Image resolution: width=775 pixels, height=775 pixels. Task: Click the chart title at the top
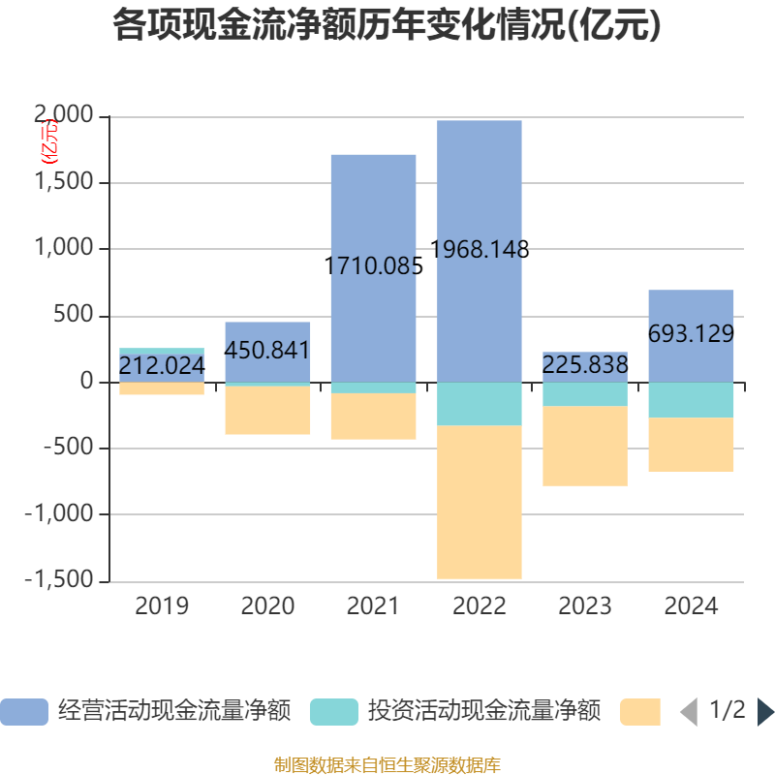point(387,25)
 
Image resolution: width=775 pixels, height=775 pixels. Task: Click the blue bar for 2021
point(373,213)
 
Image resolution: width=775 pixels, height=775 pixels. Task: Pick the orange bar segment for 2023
point(585,446)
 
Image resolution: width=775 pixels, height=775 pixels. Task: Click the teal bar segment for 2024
point(691,400)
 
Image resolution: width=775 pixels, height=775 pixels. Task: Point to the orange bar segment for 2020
point(267,411)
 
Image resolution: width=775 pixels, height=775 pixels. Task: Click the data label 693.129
point(691,334)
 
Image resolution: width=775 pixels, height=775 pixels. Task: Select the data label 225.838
point(585,365)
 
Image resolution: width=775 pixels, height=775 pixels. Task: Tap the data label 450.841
point(267,351)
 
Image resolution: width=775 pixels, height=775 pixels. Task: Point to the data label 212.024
point(162,366)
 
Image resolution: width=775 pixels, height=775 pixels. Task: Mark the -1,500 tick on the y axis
point(60,581)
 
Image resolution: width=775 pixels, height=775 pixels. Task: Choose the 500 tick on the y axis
point(77,316)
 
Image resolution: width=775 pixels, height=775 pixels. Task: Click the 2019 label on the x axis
point(162,606)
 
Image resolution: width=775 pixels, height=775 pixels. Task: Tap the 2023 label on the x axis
point(585,606)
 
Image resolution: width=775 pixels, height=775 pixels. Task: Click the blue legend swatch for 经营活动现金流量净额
point(23,712)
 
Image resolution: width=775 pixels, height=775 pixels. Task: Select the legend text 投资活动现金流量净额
point(483,712)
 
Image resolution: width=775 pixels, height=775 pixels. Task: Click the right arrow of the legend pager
point(765,712)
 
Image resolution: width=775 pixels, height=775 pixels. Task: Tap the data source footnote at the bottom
point(387,765)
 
